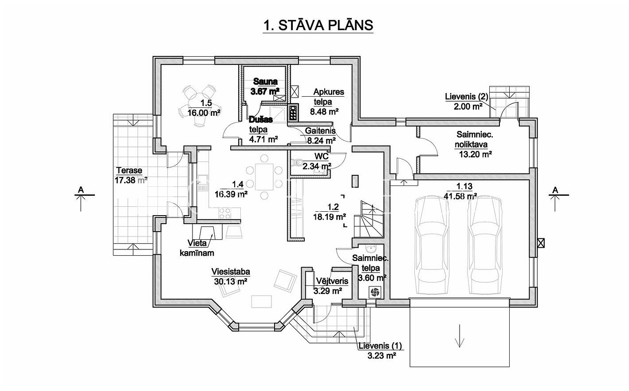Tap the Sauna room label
pyautogui.click(x=265, y=82)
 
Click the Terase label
pyautogui.click(x=129, y=170)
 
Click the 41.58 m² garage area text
pyautogui.click(x=460, y=196)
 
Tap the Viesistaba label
pyautogui.click(x=230, y=272)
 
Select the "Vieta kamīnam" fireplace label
pyautogui.click(x=197, y=249)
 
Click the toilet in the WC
pyautogui.click(x=297, y=162)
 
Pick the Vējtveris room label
pyautogui.click(x=332, y=281)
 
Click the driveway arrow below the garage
pyautogui.click(x=460, y=336)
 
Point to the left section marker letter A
pyautogui.click(x=81, y=190)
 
